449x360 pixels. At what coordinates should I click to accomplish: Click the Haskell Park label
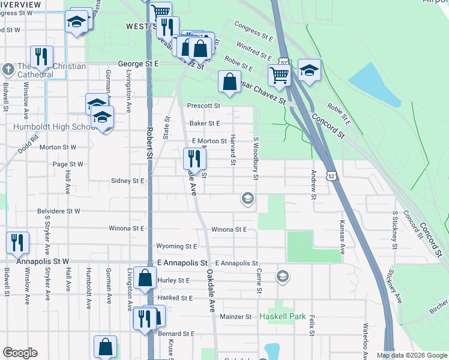coord(283,316)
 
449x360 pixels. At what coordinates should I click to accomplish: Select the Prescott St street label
coord(204,106)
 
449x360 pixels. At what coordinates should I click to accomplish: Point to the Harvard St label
coord(232,150)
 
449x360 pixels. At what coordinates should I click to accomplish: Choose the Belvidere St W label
coord(58,211)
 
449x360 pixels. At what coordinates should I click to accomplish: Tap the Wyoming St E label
coord(176,246)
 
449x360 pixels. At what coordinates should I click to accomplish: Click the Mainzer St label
coord(235,316)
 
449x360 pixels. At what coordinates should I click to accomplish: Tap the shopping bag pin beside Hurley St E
coord(146,278)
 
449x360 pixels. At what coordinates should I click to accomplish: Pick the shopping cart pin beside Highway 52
coord(279,75)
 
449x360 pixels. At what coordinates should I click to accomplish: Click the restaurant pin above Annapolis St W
coord(17,242)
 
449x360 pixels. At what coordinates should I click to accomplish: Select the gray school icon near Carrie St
coord(282,277)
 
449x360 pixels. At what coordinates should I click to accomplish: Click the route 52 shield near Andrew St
coord(331,175)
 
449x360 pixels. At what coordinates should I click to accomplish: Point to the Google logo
coord(20,353)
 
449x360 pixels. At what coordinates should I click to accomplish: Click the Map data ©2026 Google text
coord(411,355)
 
